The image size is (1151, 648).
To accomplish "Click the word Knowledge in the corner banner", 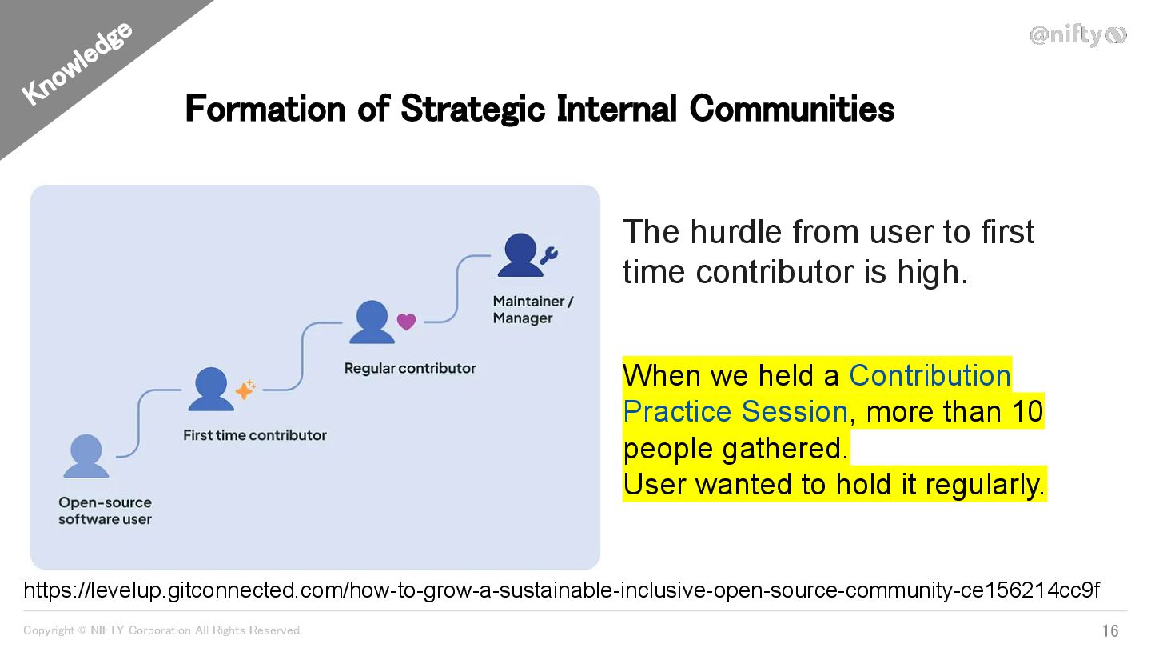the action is [77, 64].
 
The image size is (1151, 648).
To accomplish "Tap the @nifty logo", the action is [1077, 35].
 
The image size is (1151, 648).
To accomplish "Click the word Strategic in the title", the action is [472, 109].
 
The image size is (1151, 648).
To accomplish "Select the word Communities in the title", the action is [792, 109].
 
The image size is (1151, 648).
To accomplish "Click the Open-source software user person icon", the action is [86, 456].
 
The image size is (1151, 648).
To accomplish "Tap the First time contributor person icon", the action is [211, 389].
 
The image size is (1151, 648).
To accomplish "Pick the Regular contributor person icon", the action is [372, 322].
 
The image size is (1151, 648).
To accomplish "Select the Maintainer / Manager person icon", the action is [520, 255].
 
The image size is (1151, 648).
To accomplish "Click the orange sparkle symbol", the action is [245, 390].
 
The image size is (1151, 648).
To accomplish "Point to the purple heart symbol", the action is [406, 322].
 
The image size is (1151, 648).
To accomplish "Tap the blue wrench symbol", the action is [549, 255].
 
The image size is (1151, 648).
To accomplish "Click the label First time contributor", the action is [255, 435].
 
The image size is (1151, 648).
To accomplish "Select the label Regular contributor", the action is [410, 368].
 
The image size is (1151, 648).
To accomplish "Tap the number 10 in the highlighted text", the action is [1027, 411].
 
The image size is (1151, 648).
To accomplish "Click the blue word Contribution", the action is [930, 375].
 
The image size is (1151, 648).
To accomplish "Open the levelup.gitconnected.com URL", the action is [562, 590].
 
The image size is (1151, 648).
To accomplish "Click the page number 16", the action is [1110, 630].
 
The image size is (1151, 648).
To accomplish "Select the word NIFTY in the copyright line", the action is [107, 630].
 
